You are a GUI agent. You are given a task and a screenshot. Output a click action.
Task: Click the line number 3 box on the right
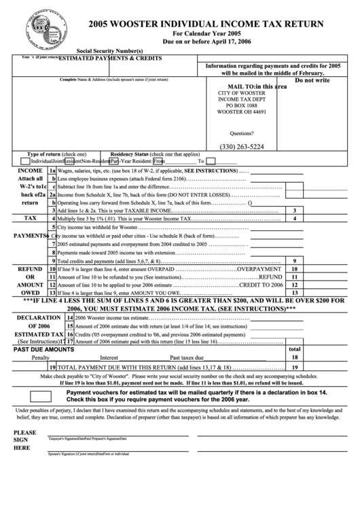294,211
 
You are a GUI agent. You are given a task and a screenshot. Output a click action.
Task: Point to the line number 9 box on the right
294,260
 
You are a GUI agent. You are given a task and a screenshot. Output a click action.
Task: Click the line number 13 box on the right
294,293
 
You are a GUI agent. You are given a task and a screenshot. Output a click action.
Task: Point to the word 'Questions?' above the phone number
242,133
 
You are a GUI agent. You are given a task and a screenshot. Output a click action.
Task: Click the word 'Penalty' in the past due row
41,357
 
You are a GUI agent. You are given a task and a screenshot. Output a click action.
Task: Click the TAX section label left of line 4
31,219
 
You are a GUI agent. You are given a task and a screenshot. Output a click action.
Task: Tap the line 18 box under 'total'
294,357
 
